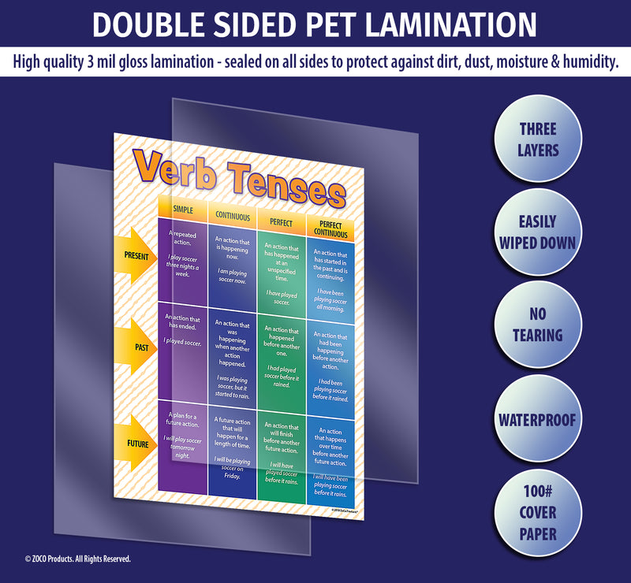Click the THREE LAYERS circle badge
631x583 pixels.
coord(538,139)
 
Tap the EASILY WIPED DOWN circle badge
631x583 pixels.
coord(538,232)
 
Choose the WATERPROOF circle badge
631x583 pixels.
coord(538,418)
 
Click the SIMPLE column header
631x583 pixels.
coord(183,210)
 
